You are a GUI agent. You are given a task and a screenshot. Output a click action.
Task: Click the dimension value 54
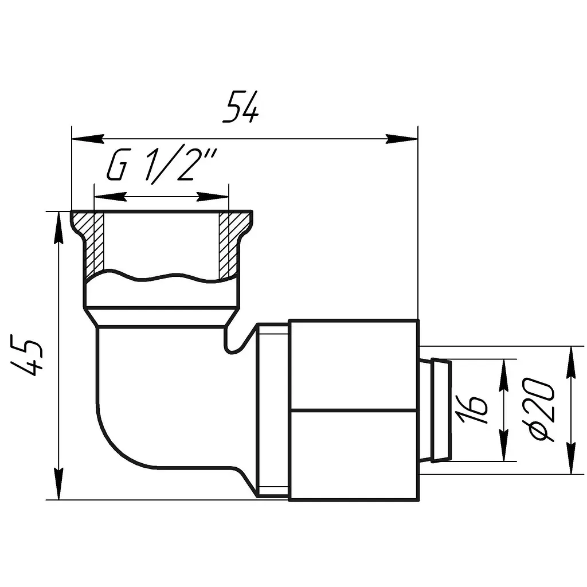240,107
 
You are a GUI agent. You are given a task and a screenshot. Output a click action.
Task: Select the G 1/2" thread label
162,166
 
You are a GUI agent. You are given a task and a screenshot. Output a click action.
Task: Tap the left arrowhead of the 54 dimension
88,139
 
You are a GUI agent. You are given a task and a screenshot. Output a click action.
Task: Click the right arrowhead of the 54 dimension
402,139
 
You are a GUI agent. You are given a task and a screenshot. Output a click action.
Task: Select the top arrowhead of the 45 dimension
58,228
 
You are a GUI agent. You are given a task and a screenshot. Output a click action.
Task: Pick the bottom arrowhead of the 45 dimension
58,483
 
